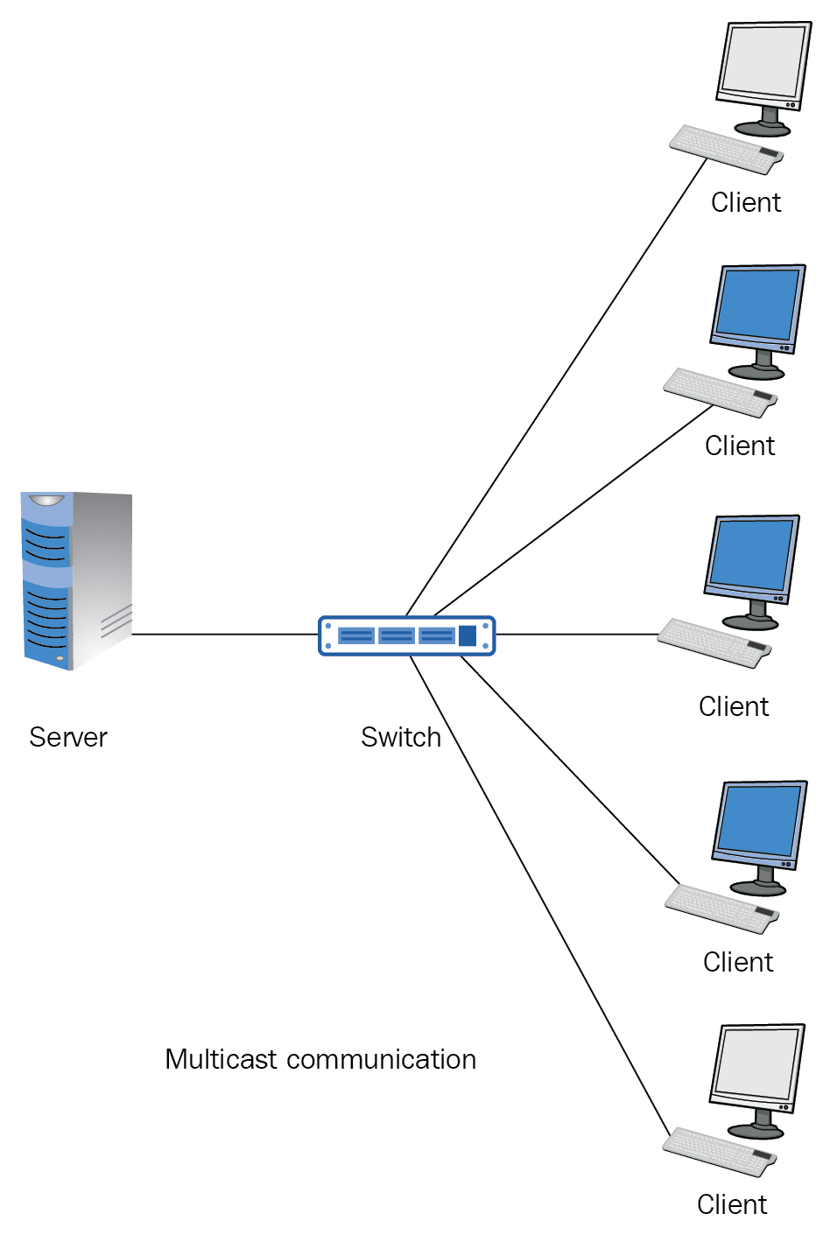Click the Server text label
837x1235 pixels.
[68, 737]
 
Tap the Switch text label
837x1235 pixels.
[401, 737]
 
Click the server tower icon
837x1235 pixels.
[77, 581]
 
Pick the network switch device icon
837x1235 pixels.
[406, 635]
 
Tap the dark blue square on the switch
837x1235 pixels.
[468, 635]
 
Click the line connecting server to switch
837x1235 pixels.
[224, 634]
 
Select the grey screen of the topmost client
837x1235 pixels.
[762, 61]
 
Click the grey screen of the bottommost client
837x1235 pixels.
[756, 1063]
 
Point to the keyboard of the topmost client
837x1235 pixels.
[726, 149]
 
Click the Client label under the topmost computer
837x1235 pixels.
[745, 202]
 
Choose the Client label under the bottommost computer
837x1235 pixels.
[732, 1204]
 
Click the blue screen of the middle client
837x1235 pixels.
[753, 553]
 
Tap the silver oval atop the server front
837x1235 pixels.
[46, 501]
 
